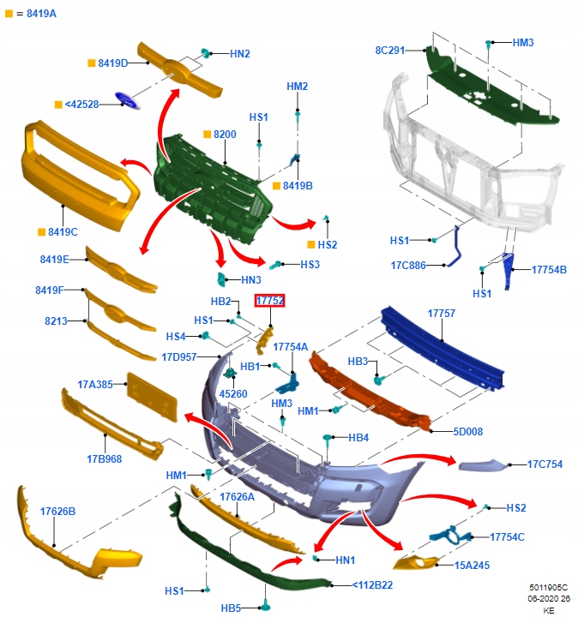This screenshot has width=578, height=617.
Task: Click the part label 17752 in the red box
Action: tap(270, 300)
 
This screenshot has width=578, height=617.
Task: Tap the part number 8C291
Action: tap(389, 51)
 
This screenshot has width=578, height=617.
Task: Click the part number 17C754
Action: tap(545, 464)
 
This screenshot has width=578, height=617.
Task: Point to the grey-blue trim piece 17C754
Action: tap(485, 464)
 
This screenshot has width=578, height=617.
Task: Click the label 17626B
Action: tap(58, 512)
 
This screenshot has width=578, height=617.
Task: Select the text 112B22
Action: tap(375, 585)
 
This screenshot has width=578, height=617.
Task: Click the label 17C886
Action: tap(407, 265)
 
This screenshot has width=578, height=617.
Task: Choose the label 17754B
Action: tap(549, 269)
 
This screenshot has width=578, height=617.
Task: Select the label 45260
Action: tap(233, 394)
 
